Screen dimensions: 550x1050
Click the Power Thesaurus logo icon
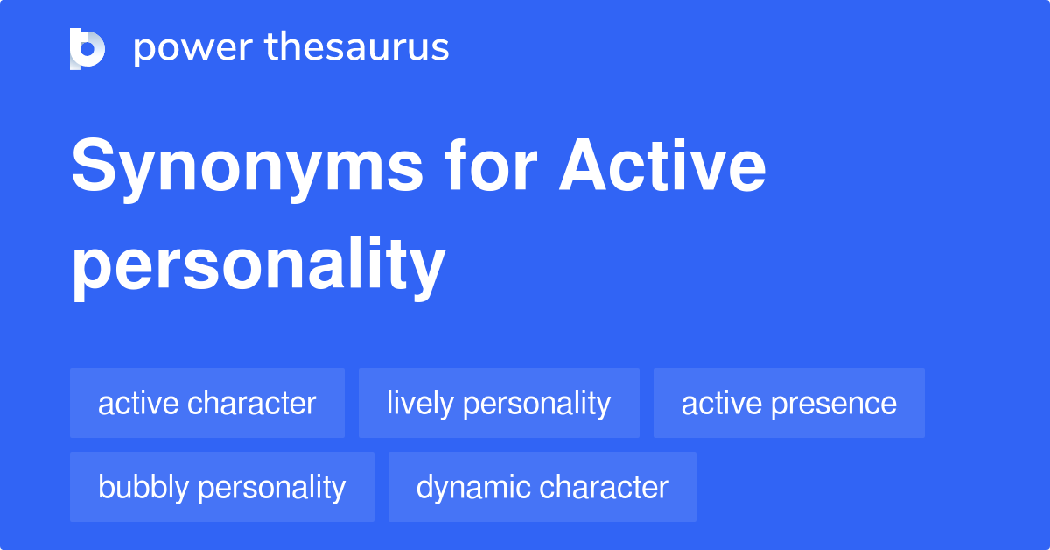(87, 48)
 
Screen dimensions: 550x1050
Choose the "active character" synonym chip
(206, 404)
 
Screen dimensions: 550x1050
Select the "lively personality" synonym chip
(499, 404)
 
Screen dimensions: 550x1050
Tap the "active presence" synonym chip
(788, 404)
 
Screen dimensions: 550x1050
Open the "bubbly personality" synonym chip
(221, 487)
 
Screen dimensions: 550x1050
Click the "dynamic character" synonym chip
(542, 487)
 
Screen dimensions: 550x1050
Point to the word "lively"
(420, 404)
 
